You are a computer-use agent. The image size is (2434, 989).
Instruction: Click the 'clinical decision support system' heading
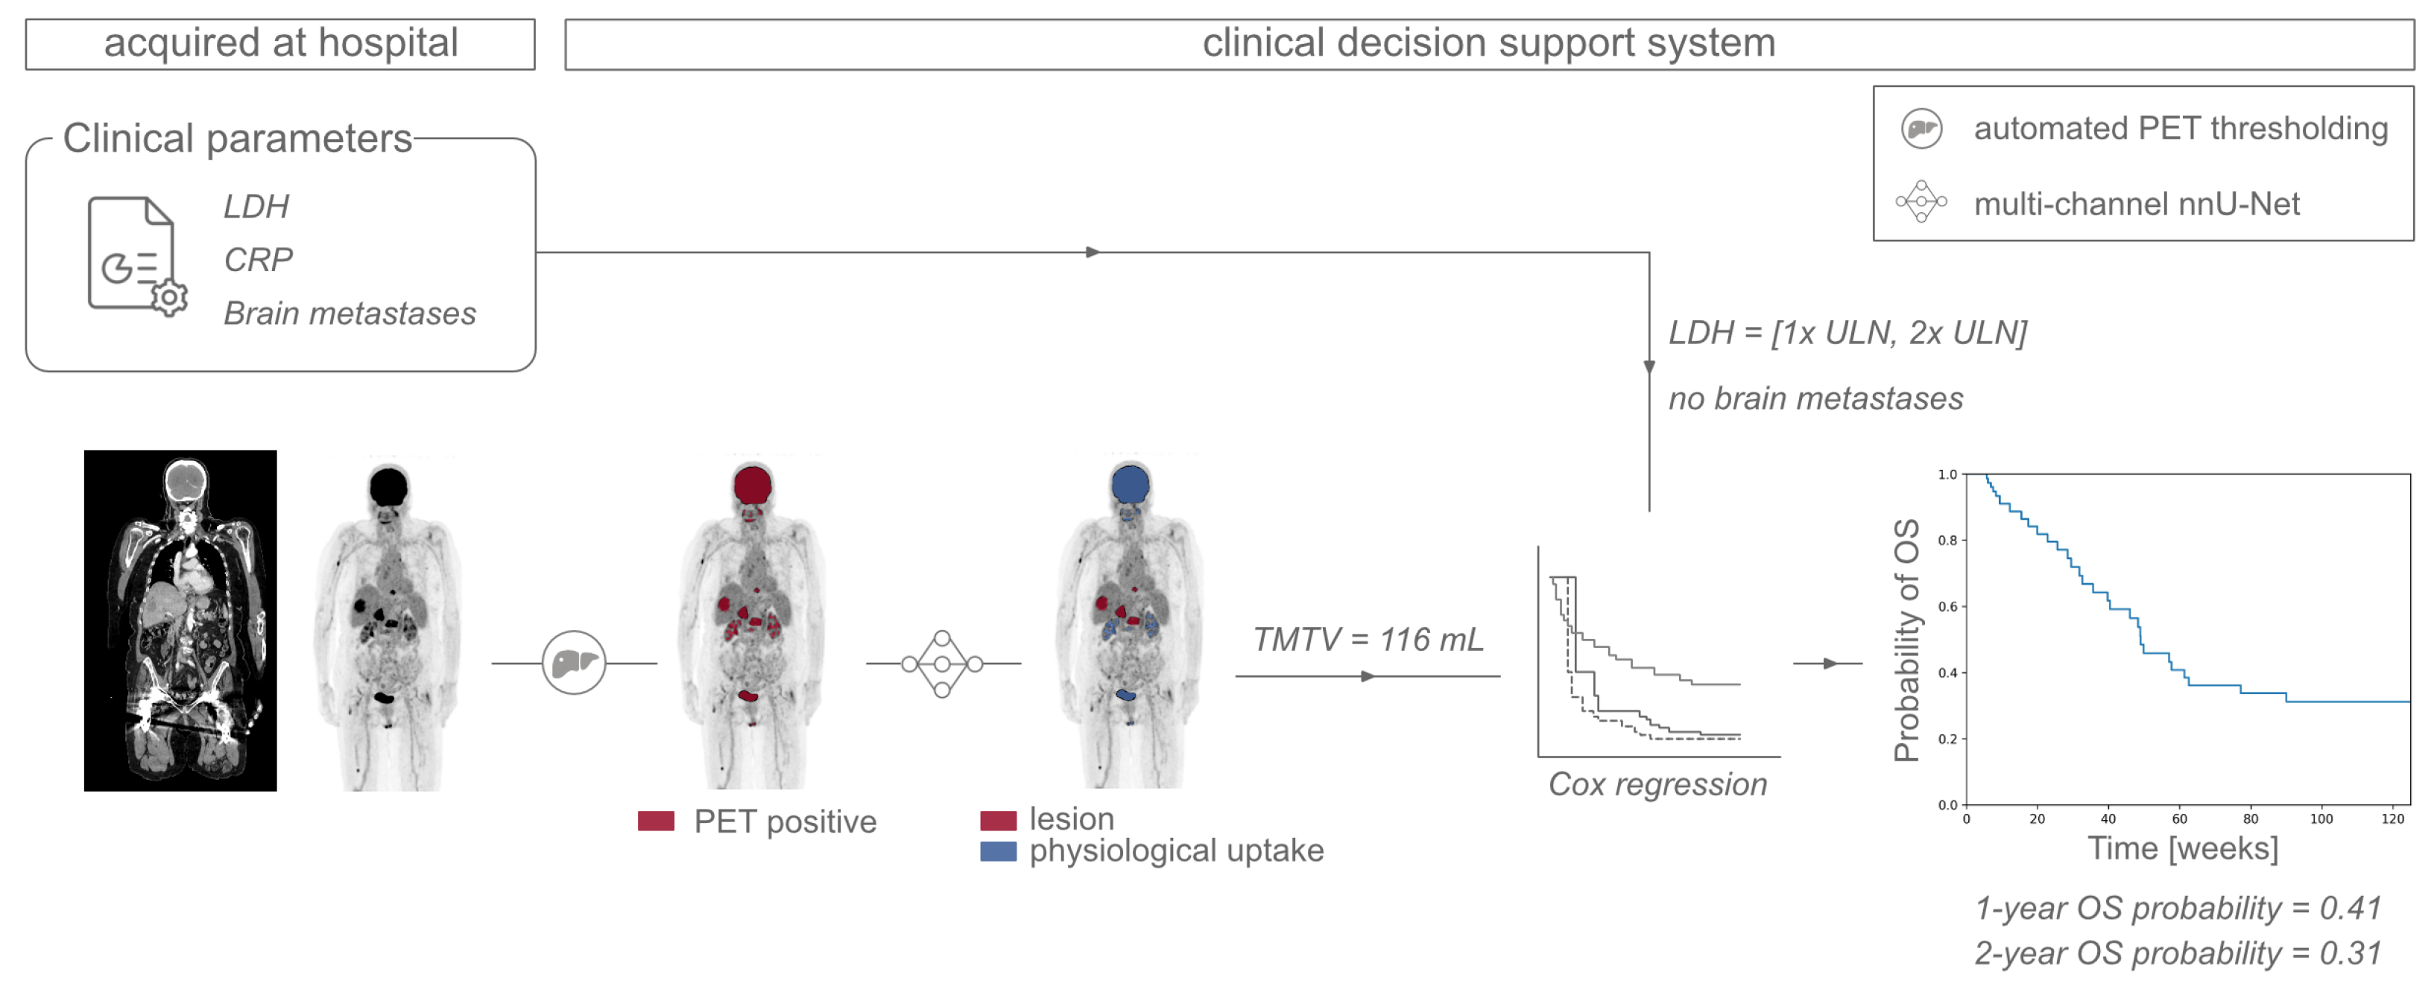point(1488,43)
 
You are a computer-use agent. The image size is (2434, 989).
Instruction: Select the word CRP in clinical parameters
point(258,259)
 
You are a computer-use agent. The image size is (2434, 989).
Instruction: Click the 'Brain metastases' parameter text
point(350,313)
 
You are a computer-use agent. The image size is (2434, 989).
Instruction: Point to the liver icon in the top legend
point(1921,129)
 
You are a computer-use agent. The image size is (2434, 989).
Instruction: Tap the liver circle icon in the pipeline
point(574,662)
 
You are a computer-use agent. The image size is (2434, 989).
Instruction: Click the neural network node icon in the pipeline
point(941,664)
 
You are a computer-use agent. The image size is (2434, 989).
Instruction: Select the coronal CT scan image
point(180,620)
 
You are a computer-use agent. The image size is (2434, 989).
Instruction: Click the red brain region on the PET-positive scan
point(752,485)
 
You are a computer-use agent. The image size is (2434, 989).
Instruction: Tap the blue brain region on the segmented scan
point(1130,485)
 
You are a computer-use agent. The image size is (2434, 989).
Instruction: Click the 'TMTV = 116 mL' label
point(1368,640)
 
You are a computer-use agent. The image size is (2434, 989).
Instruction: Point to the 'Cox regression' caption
point(1657,784)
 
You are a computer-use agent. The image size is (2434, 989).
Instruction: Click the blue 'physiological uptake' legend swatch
point(998,851)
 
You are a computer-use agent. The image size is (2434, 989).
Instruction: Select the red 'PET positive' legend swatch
point(656,821)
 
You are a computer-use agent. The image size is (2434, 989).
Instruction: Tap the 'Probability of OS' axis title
point(1907,640)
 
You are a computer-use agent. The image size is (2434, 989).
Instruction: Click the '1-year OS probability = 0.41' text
point(2177,908)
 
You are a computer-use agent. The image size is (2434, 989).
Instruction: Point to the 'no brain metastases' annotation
point(1815,398)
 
